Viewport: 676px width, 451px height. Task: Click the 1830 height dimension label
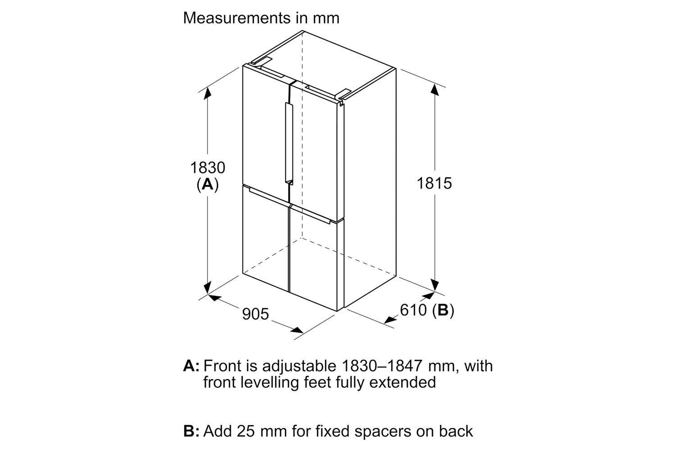208,168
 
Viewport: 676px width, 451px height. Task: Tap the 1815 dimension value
434,184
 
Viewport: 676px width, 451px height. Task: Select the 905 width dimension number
256,314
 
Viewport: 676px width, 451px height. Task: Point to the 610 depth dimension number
413,310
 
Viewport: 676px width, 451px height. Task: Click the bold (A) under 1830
208,184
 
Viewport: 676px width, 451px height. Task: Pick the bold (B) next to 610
443,310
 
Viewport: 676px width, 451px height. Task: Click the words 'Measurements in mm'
261,18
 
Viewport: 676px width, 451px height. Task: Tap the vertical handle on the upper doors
289,143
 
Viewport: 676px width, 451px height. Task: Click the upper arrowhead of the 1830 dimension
207,93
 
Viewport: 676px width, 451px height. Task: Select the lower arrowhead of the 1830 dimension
207,287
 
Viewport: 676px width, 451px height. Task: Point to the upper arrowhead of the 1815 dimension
434,90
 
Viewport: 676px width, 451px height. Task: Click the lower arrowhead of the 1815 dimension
434,285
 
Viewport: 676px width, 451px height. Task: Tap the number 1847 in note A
403,366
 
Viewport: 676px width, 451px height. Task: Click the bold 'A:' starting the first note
192,366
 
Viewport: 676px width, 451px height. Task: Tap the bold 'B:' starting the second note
192,431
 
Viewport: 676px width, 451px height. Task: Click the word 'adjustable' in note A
299,367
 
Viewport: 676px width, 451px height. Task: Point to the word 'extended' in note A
402,382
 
